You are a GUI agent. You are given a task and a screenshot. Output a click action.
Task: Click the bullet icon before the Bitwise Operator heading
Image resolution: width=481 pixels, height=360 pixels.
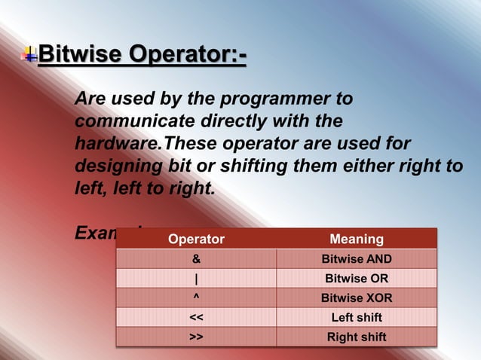(x=29, y=54)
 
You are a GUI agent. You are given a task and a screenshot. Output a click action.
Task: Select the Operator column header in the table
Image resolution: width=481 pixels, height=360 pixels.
(x=196, y=239)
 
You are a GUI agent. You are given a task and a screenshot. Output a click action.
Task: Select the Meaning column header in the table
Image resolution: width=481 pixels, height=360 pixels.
(x=357, y=239)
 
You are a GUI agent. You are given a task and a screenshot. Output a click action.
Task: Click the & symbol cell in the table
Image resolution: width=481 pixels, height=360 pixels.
(x=196, y=259)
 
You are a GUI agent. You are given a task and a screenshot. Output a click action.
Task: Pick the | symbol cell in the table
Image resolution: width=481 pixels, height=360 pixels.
(x=196, y=279)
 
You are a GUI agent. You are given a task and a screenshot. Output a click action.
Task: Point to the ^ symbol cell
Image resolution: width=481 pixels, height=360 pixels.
(x=196, y=297)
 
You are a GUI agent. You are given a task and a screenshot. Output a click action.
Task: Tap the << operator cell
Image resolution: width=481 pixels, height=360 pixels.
(x=196, y=317)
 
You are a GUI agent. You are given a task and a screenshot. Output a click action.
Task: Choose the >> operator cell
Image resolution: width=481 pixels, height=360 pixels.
(x=196, y=337)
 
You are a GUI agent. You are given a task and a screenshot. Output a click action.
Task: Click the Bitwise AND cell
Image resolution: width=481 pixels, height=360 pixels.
(x=357, y=259)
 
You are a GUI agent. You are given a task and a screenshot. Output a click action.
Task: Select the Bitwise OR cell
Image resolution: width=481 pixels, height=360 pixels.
(x=357, y=279)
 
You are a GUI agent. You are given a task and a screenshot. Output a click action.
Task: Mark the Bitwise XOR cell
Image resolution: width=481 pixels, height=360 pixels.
(x=357, y=297)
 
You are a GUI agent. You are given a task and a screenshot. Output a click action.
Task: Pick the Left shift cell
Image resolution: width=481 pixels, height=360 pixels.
(x=357, y=317)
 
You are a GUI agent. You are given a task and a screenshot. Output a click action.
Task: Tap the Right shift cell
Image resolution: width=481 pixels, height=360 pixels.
(x=357, y=337)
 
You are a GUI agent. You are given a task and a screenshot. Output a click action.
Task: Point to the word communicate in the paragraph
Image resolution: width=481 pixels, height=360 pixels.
(x=130, y=121)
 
